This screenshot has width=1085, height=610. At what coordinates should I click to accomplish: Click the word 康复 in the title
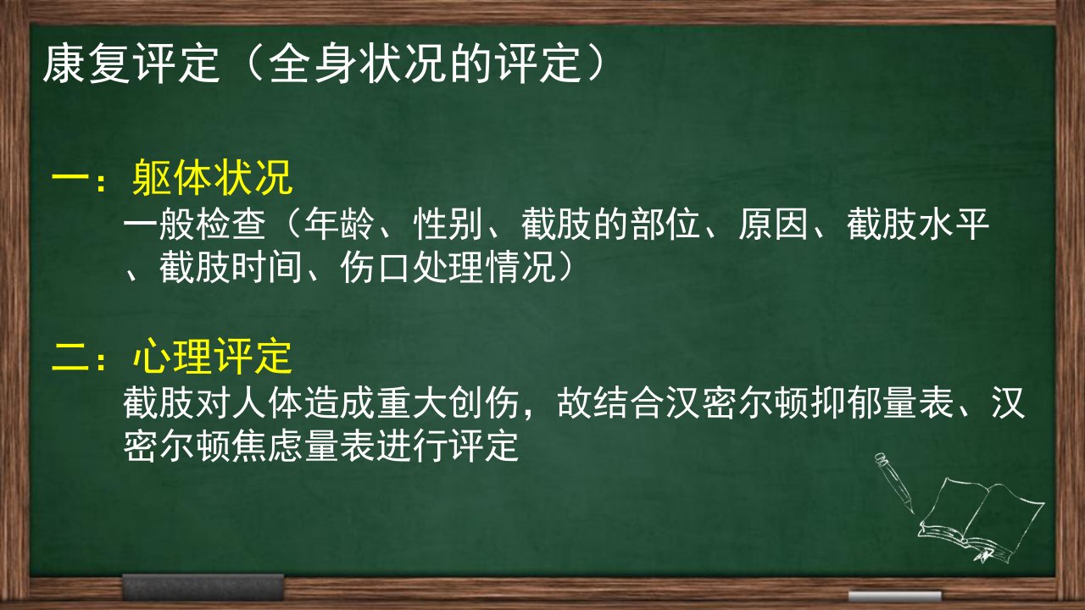pyautogui.click(x=86, y=64)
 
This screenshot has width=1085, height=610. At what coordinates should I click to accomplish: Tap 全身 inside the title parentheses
pyautogui.click(x=310, y=64)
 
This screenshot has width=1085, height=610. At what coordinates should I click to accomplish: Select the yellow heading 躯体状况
pyautogui.click(x=212, y=177)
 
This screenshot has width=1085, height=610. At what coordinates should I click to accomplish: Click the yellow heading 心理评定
pyautogui.click(x=212, y=357)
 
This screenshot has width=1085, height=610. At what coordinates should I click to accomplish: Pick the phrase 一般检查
pyautogui.click(x=195, y=225)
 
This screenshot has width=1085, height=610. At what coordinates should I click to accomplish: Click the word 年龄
pyautogui.click(x=340, y=225)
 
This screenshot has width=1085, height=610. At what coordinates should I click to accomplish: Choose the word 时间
pyautogui.click(x=267, y=267)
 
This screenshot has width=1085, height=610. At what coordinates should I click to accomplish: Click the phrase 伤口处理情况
pyautogui.click(x=448, y=267)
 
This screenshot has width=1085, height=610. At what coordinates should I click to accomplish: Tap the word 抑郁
pyautogui.click(x=846, y=402)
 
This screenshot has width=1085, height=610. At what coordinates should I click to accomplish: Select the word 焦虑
pyautogui.click(x=267, y=446)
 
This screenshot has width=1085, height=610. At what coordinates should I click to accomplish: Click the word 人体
pyautogui.click(x=267, y=402)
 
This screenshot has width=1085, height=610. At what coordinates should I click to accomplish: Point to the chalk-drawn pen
pyautogui.click(x=895, y=482)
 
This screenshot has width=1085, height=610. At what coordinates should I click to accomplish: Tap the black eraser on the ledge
pyautogui.click(x=203, y=587)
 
